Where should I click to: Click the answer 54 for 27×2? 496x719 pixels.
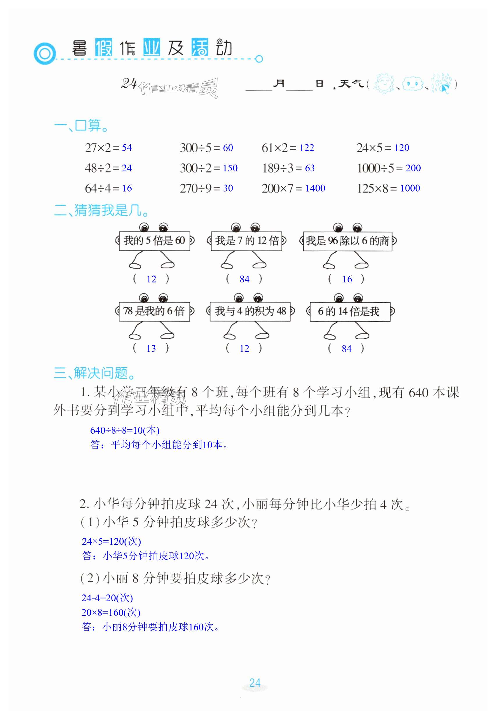(x=127, y=148)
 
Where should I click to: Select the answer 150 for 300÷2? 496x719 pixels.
(x=230, y=168)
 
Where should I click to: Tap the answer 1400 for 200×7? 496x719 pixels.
(x=315, y=188)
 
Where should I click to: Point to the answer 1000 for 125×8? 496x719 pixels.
(x=410, y=188)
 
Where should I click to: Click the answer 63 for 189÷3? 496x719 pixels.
(x=309, y=168)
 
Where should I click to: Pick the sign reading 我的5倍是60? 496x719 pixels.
(x=155, y=240)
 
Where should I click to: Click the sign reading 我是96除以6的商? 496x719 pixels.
(x=348, y=241)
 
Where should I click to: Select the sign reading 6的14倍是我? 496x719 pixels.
(x=350, y=311)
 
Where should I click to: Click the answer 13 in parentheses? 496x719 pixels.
(x=151, y=349)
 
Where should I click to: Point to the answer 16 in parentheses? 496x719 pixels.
(x=347, y=279)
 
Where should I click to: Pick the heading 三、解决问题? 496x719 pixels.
(x=95, y=373)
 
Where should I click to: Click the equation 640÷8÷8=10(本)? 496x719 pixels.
(x=125, y=430)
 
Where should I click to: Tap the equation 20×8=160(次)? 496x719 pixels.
(x=111, y=612)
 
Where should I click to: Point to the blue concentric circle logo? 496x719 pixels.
(x=45, y=54)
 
